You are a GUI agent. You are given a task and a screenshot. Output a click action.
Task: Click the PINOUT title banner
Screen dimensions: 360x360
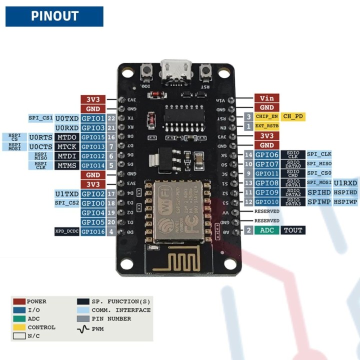54,16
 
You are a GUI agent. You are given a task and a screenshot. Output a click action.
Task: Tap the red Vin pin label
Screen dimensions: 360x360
266,98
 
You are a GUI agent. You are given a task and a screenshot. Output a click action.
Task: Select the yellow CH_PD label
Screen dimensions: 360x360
293,116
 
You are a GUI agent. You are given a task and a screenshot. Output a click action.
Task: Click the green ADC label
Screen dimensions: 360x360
267,230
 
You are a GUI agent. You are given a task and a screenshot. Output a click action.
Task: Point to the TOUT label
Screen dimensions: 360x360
293,230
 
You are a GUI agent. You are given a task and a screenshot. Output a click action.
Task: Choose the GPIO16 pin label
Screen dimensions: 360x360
93,231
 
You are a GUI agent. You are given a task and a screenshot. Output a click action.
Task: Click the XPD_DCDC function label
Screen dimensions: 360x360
67,231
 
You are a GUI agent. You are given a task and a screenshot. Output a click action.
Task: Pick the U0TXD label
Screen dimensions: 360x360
66,118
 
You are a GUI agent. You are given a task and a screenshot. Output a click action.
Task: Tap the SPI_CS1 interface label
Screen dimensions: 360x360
40,118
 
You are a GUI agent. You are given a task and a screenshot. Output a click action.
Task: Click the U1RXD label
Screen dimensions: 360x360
345,183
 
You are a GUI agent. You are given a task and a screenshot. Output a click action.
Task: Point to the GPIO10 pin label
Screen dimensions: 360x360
267,202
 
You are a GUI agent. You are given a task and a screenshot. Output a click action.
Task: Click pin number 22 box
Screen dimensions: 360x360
111,118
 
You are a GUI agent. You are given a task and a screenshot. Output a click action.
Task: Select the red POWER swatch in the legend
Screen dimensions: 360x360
19,301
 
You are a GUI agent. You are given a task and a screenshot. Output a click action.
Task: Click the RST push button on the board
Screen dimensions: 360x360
204,73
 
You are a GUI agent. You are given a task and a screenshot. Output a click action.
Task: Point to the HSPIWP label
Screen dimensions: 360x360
345,202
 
